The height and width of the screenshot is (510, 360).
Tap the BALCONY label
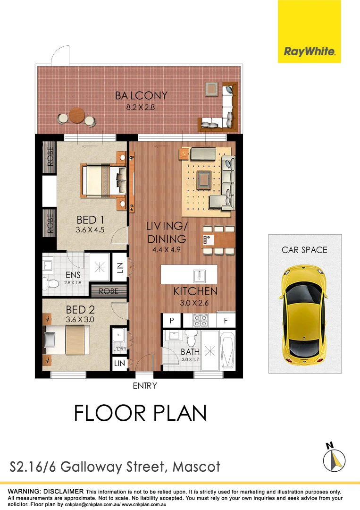click(x=141, y=96)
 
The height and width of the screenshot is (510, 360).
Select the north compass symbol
click(x=335, y=458)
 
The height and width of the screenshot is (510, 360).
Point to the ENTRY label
click(x=144, y=386)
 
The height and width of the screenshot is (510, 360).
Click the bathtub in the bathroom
click(x=227, y=351)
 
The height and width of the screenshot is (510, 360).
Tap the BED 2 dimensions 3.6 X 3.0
click(x=80, y=319)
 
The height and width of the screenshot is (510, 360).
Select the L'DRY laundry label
click(x=118, y=349)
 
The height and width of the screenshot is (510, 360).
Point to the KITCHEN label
click(x=195, y=291)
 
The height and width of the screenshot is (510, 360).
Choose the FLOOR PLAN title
click(x=140, y=413)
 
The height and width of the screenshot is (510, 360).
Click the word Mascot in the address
click(x=196, y=467)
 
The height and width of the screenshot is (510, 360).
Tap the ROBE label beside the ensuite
click(x=108, y=292)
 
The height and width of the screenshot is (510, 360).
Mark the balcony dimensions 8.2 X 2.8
click(x=141, y=107)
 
